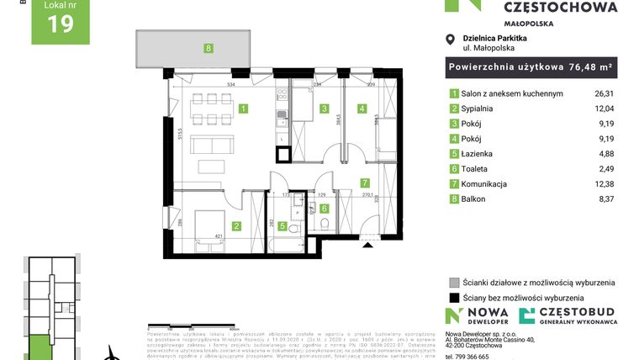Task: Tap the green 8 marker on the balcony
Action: tap(209, 49)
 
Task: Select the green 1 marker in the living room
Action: tap(243, 109)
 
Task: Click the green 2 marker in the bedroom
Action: tap(237, 225)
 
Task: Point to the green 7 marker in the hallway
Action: tap(364, 183)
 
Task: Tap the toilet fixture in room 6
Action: tap(324, 223)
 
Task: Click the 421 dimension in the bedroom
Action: tap(218, 237)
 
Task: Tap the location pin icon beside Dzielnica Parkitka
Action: tap(452, 38)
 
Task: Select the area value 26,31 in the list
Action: tap(604, 94)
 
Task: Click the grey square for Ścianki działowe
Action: tap(454, 283)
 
